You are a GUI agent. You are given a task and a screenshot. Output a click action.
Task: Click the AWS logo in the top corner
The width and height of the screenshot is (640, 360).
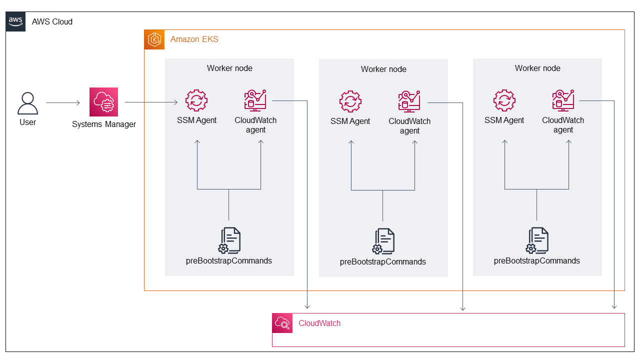tap(15, 21)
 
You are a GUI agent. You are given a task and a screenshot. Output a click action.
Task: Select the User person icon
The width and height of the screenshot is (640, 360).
tap(27, 103)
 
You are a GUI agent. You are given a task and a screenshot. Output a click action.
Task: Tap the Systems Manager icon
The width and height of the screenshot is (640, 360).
tap(103, 102)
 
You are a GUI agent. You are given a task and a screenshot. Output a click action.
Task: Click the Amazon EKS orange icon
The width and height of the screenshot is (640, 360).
tap(154, 39)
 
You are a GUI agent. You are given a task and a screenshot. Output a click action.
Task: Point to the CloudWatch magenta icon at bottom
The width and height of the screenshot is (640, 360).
tap(282, 323)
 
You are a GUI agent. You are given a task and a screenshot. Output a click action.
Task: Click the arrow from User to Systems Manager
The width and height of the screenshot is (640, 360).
tap(63, 103)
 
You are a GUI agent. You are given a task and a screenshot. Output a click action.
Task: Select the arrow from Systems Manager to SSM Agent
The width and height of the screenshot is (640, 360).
tap(151, 102)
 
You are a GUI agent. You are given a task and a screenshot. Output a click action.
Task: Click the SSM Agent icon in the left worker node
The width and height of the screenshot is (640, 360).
tap(196, 100)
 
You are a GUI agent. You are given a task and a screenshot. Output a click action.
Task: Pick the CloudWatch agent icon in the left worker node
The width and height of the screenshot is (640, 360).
tap(255, 100)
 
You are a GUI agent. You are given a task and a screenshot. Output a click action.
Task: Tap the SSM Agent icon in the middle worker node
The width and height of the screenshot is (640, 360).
tap(350, 101)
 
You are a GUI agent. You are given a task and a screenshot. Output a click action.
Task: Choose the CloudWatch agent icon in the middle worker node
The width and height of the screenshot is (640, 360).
tap(409, 101)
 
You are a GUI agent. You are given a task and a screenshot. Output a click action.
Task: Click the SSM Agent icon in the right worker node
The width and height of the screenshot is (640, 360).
tap(504, 100)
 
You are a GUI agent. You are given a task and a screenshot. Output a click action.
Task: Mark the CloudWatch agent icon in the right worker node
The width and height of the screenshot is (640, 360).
tap(563, 100)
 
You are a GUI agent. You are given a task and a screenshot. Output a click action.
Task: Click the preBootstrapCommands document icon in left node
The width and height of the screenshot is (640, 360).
tap(229, 240)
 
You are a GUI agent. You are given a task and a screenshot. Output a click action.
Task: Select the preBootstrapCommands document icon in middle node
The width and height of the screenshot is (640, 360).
tap(383, 241)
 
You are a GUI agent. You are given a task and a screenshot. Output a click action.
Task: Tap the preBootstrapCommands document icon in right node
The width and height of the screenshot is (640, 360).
tap(537, 240)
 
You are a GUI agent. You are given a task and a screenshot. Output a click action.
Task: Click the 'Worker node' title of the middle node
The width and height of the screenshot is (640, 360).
tap(383, 69)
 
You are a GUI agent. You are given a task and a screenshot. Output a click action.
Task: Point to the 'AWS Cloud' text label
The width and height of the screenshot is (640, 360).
tap(52, 22)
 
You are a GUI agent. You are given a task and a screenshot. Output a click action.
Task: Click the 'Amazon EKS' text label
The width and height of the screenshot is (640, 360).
tap(194, 39)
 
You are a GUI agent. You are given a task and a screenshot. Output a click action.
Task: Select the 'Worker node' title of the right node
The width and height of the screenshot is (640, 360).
tap(537, 68)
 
